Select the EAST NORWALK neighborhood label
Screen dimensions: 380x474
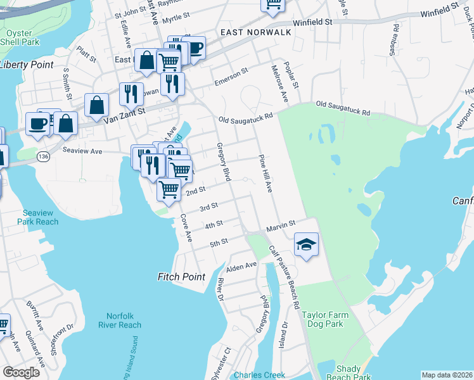point(255,32)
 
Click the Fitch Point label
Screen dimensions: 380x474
point(181,277)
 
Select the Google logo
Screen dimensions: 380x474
point(21,372)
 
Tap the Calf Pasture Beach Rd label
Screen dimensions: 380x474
point(283,278)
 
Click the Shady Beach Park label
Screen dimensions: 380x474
point(349,374)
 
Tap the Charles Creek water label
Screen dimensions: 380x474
point(259,375)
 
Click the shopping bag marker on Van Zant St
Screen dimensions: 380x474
point(97,106)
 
